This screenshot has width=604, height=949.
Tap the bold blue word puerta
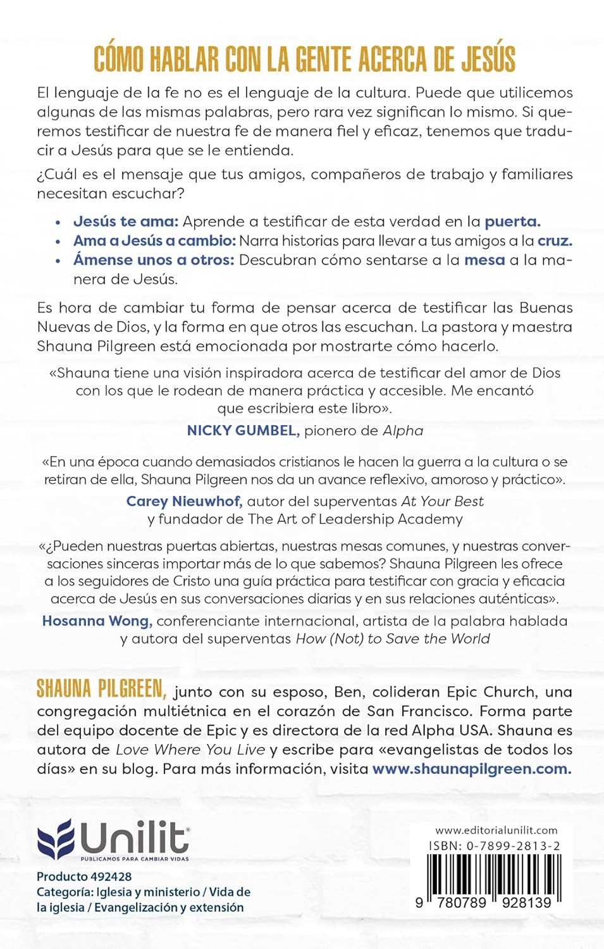click(x=512, y=221)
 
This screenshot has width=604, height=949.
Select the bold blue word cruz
click(x=555, y=240)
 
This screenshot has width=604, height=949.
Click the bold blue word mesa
click(x=484, y=260)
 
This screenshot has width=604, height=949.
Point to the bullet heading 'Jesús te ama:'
click(x=126, y=221)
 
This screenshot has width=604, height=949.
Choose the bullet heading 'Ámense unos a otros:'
click(x=154, y=260)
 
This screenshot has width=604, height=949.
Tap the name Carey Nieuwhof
click(x=184, y=502)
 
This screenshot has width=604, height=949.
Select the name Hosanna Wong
click(x=97, y=621)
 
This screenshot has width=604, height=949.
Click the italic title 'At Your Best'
click(x=442, y=502)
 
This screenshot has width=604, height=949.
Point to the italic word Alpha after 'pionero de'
click(x=403, y=431)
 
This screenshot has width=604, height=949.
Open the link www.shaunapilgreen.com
click(x=472, y=769)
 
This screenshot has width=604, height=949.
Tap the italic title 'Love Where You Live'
click(x=190, y=750)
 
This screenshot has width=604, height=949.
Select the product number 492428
click(x=111, y=877)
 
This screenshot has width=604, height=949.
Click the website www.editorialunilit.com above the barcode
click(x=496, y=831)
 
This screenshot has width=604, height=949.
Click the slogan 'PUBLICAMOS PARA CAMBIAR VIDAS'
click(x=134, y=859)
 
